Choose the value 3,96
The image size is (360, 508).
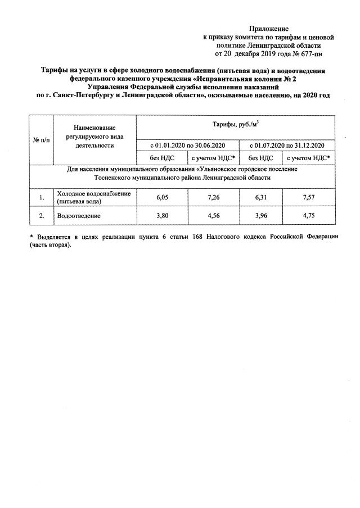point(261,215)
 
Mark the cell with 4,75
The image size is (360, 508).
point(308,215)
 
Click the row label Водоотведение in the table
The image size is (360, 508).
point(78,216)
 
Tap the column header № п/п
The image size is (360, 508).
point(41,140)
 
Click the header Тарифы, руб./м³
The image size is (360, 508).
point(235,125)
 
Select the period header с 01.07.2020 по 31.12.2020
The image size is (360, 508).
point(287,146)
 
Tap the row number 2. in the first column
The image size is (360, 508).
point(41,216)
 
